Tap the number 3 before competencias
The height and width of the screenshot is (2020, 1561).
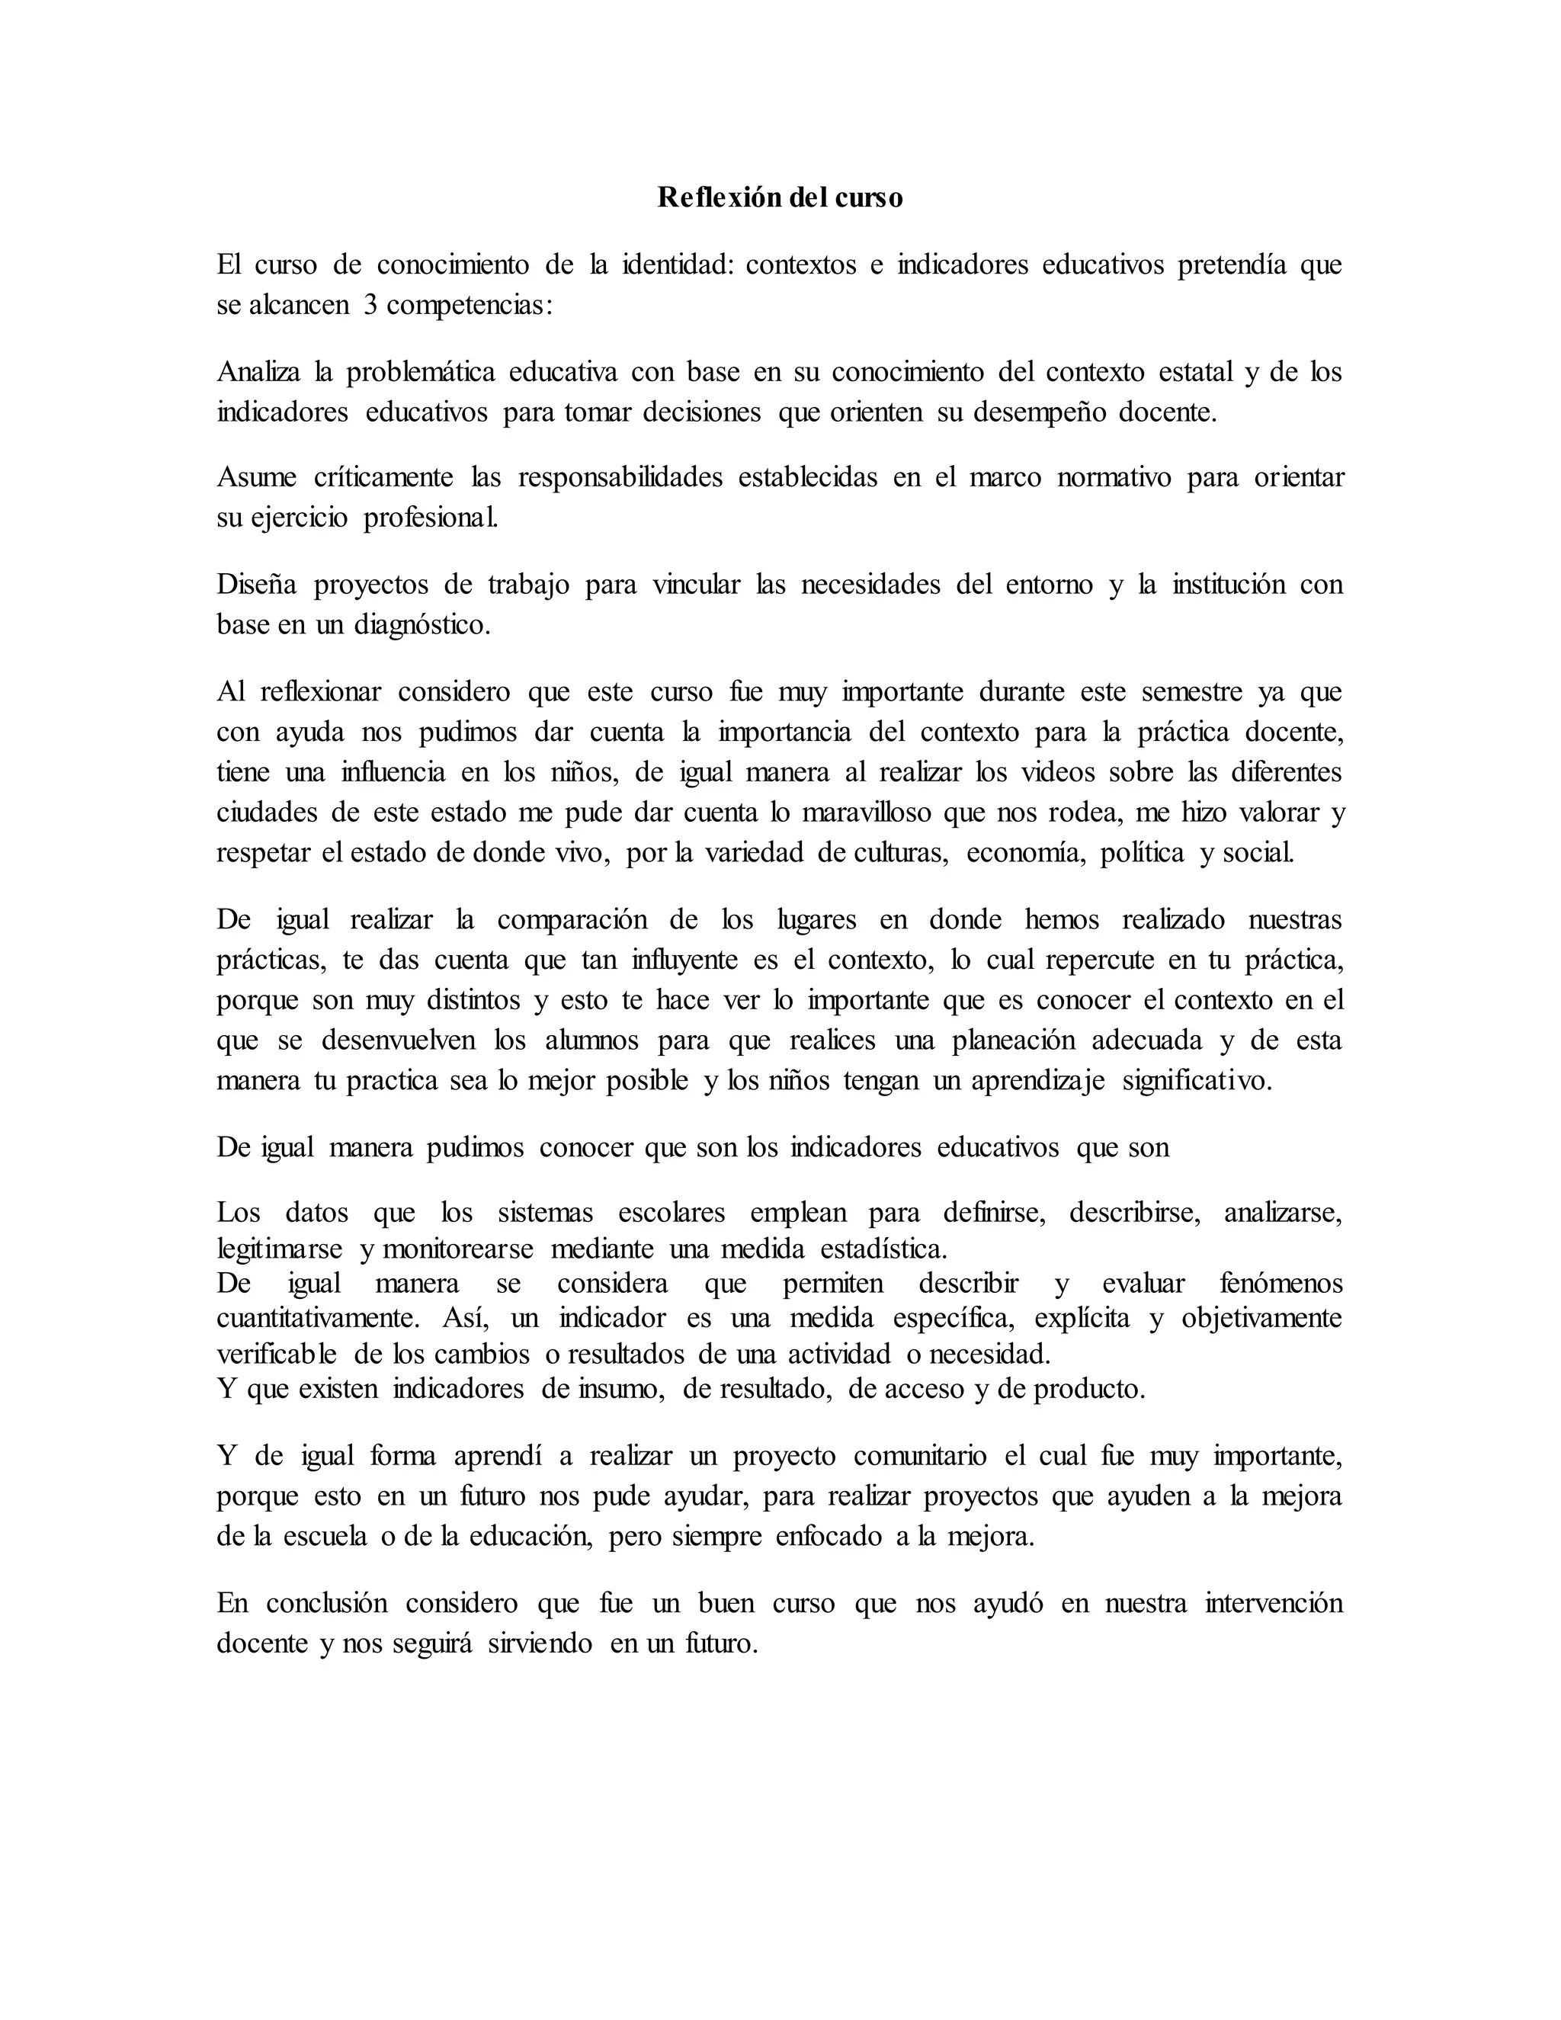pos(369,305)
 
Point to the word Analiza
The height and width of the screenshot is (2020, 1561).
pos(259,372)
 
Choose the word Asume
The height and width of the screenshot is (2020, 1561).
pos(256,478)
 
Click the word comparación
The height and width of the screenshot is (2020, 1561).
pos(572,920)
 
